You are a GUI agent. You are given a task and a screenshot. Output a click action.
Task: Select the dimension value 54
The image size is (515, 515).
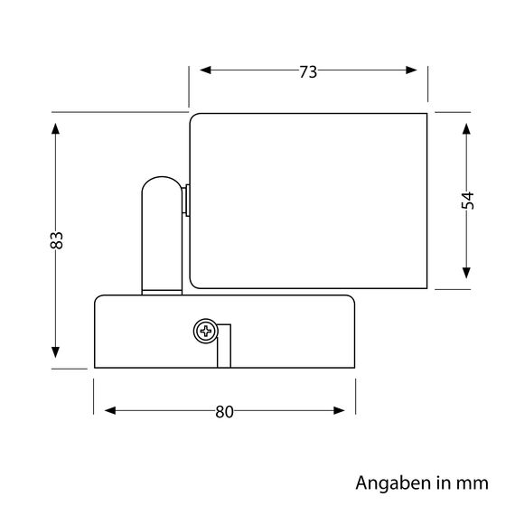click(x=467, y=201)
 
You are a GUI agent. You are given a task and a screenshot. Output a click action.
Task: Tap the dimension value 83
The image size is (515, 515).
click(x=56, y=240)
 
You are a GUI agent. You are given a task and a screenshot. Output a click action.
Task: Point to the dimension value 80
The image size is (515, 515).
click(x=225, y=412)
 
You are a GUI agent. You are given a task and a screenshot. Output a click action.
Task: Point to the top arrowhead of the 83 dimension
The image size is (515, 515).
click(x=56, y=128)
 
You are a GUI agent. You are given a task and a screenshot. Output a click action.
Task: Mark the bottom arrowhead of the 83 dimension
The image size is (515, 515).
click(x=56, y=352)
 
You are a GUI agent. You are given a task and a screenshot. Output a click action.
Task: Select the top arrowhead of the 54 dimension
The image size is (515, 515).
click(x=467, y=126)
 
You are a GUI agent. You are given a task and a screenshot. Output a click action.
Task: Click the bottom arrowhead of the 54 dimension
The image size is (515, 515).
click(x=467, y=273)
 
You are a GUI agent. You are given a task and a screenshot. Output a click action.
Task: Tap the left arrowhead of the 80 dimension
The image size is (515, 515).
click(x=110, y=412)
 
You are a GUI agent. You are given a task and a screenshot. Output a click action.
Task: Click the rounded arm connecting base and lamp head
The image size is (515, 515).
click(x=161, y=226)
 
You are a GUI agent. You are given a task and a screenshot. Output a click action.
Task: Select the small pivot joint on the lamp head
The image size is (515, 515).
click(x=185, y=201)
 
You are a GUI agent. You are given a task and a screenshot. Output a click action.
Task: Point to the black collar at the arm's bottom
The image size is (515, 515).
click(x=161, y=290)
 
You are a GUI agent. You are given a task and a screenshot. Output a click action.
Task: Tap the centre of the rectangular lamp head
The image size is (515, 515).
click(x=307, y=200)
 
